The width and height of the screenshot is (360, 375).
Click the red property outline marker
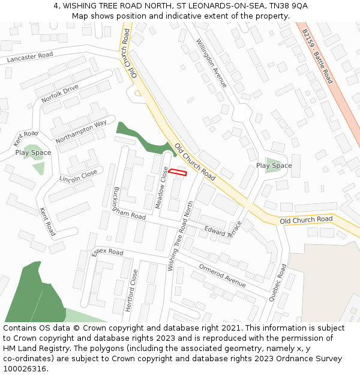click(x=177, y=173)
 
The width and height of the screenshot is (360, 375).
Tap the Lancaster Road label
click(x=29, y=58)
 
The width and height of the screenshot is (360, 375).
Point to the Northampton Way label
click(x=81, y=131)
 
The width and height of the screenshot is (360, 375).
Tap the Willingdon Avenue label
click(x=212, y=63)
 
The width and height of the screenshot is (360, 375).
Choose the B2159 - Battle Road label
click(x=317, y=56)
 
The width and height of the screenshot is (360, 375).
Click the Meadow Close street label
click(x=161, y=188)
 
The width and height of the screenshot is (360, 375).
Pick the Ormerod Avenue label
click(x=223, y=274)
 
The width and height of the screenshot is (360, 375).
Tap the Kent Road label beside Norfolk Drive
click(x=25, y=138)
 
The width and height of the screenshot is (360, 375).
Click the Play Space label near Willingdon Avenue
click(x=274, y=166)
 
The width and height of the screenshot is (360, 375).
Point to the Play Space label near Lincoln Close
click(x=33, y=152)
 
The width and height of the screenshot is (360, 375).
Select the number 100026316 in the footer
click(x=25, y=368)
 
